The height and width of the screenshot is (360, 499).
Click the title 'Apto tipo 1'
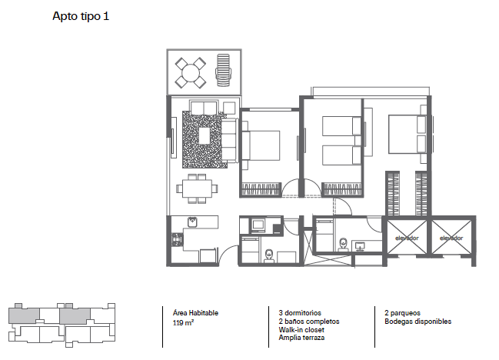tap(81, 16)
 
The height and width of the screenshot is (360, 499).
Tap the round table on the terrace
tap(191, 73)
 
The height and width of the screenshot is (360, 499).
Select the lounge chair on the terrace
tap(223, 70)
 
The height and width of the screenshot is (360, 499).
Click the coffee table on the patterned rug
tap(205, 135)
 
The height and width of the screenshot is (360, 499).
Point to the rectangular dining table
tap(197, 188)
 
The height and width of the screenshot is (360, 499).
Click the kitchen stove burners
tap(178, 239)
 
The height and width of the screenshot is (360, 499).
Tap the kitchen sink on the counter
tap(192, 222)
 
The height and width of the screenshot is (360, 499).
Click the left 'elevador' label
tap(407, 238)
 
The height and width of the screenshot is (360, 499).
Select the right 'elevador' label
tap(451, 238)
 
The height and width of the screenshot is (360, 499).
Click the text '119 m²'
tap(183, 322)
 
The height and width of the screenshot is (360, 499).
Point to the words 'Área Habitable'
tap(195, 313)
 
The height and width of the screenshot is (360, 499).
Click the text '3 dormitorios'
tap(300, 313)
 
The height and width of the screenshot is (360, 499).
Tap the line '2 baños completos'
tap(308, 322)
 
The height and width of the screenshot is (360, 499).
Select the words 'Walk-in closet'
tap(301, 330)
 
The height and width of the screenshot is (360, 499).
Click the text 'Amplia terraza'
tap(301, 338)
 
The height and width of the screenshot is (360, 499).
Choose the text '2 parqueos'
tap(402, 313)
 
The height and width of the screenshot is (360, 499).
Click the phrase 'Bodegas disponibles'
tap(417, 322)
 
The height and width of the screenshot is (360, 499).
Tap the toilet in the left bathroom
tap(269, 255)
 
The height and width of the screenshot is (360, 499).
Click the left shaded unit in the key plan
tap(24, 315)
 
